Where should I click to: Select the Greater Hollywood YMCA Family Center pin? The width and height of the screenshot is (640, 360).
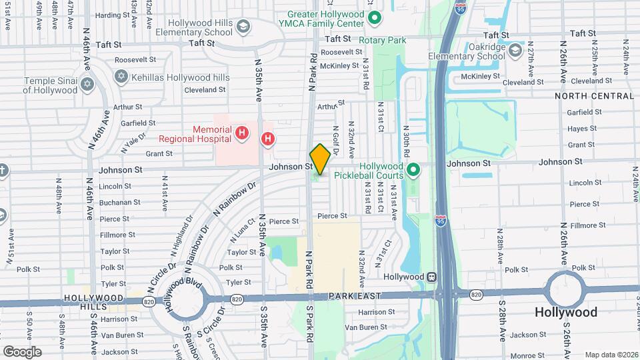pyautogui.click(x=374, y=18)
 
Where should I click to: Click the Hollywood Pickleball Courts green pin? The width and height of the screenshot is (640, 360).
pyautogui.click(x=413, y=171)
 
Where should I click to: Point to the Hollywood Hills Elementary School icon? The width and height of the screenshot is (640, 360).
pyautogui.click(x=242, y=26)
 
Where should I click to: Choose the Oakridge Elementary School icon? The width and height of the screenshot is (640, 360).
pyautogui.click(x=515, y=50)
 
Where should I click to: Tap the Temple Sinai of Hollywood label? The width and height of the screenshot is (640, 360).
pyautogui.click(x=51, y=85)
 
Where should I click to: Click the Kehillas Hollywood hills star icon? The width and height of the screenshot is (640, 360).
pyautogui.click(x=121, y=77)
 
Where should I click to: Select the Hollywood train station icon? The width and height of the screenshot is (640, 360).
pyautogui.click(x=432, y=276)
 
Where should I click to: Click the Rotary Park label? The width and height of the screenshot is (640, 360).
pyautogui.click(x=382, y=41)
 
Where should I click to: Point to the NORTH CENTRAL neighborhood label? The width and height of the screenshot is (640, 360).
pyautogui.click(x=593, y=96)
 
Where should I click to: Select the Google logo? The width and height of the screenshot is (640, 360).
pyautogui.click(x=22, y=351)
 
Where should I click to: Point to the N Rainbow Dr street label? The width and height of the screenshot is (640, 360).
pyautogui.click(x=234, y=199)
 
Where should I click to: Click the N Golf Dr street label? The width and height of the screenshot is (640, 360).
pyautogui.click(x=336, y=141)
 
